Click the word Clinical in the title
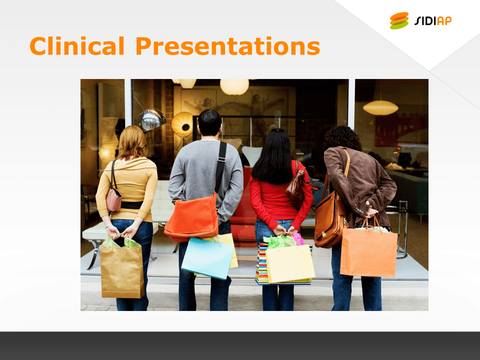(x=77, y=46)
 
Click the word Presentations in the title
(x=228, y=46)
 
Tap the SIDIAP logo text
(x=433, y=20)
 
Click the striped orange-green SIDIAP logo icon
(x=399, y=20)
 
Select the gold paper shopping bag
(x=122, y=271)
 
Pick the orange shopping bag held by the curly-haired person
(x=368, y=252)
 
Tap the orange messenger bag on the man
(x=192, y=217)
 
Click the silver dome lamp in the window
(x=151, y=119)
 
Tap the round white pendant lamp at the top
(x=234, y=86)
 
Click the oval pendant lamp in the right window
(x=380, y=108)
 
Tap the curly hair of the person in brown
(x=342, y=138)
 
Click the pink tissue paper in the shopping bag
(x=298, y=239)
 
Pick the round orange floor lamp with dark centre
(x=182, y=124)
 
